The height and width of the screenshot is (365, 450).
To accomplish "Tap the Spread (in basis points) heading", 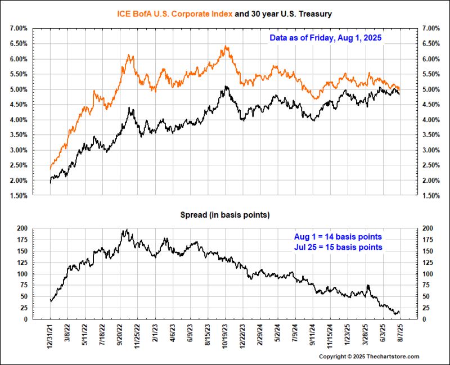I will (224, 215).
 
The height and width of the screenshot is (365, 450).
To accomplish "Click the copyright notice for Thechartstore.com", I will (369, 357).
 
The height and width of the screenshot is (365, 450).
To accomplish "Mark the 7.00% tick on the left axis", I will (18, 29).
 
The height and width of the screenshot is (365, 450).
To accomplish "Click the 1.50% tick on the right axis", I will (431, 196).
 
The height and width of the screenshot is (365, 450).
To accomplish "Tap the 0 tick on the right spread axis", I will (424, 319).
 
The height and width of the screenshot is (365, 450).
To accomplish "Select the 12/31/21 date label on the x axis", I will (51, 336).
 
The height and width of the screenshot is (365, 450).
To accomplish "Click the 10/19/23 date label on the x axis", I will (226, 336).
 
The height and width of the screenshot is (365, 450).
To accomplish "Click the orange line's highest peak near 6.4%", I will (226, 47).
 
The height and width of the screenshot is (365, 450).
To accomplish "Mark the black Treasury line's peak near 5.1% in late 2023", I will (226, 87).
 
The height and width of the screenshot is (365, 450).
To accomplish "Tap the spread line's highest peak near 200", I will (127, 229).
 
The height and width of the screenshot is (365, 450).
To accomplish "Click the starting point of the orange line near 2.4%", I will (51, 168).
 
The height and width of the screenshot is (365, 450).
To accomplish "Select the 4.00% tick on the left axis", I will (18, 120).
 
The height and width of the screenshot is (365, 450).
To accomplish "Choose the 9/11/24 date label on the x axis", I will (313, 336).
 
